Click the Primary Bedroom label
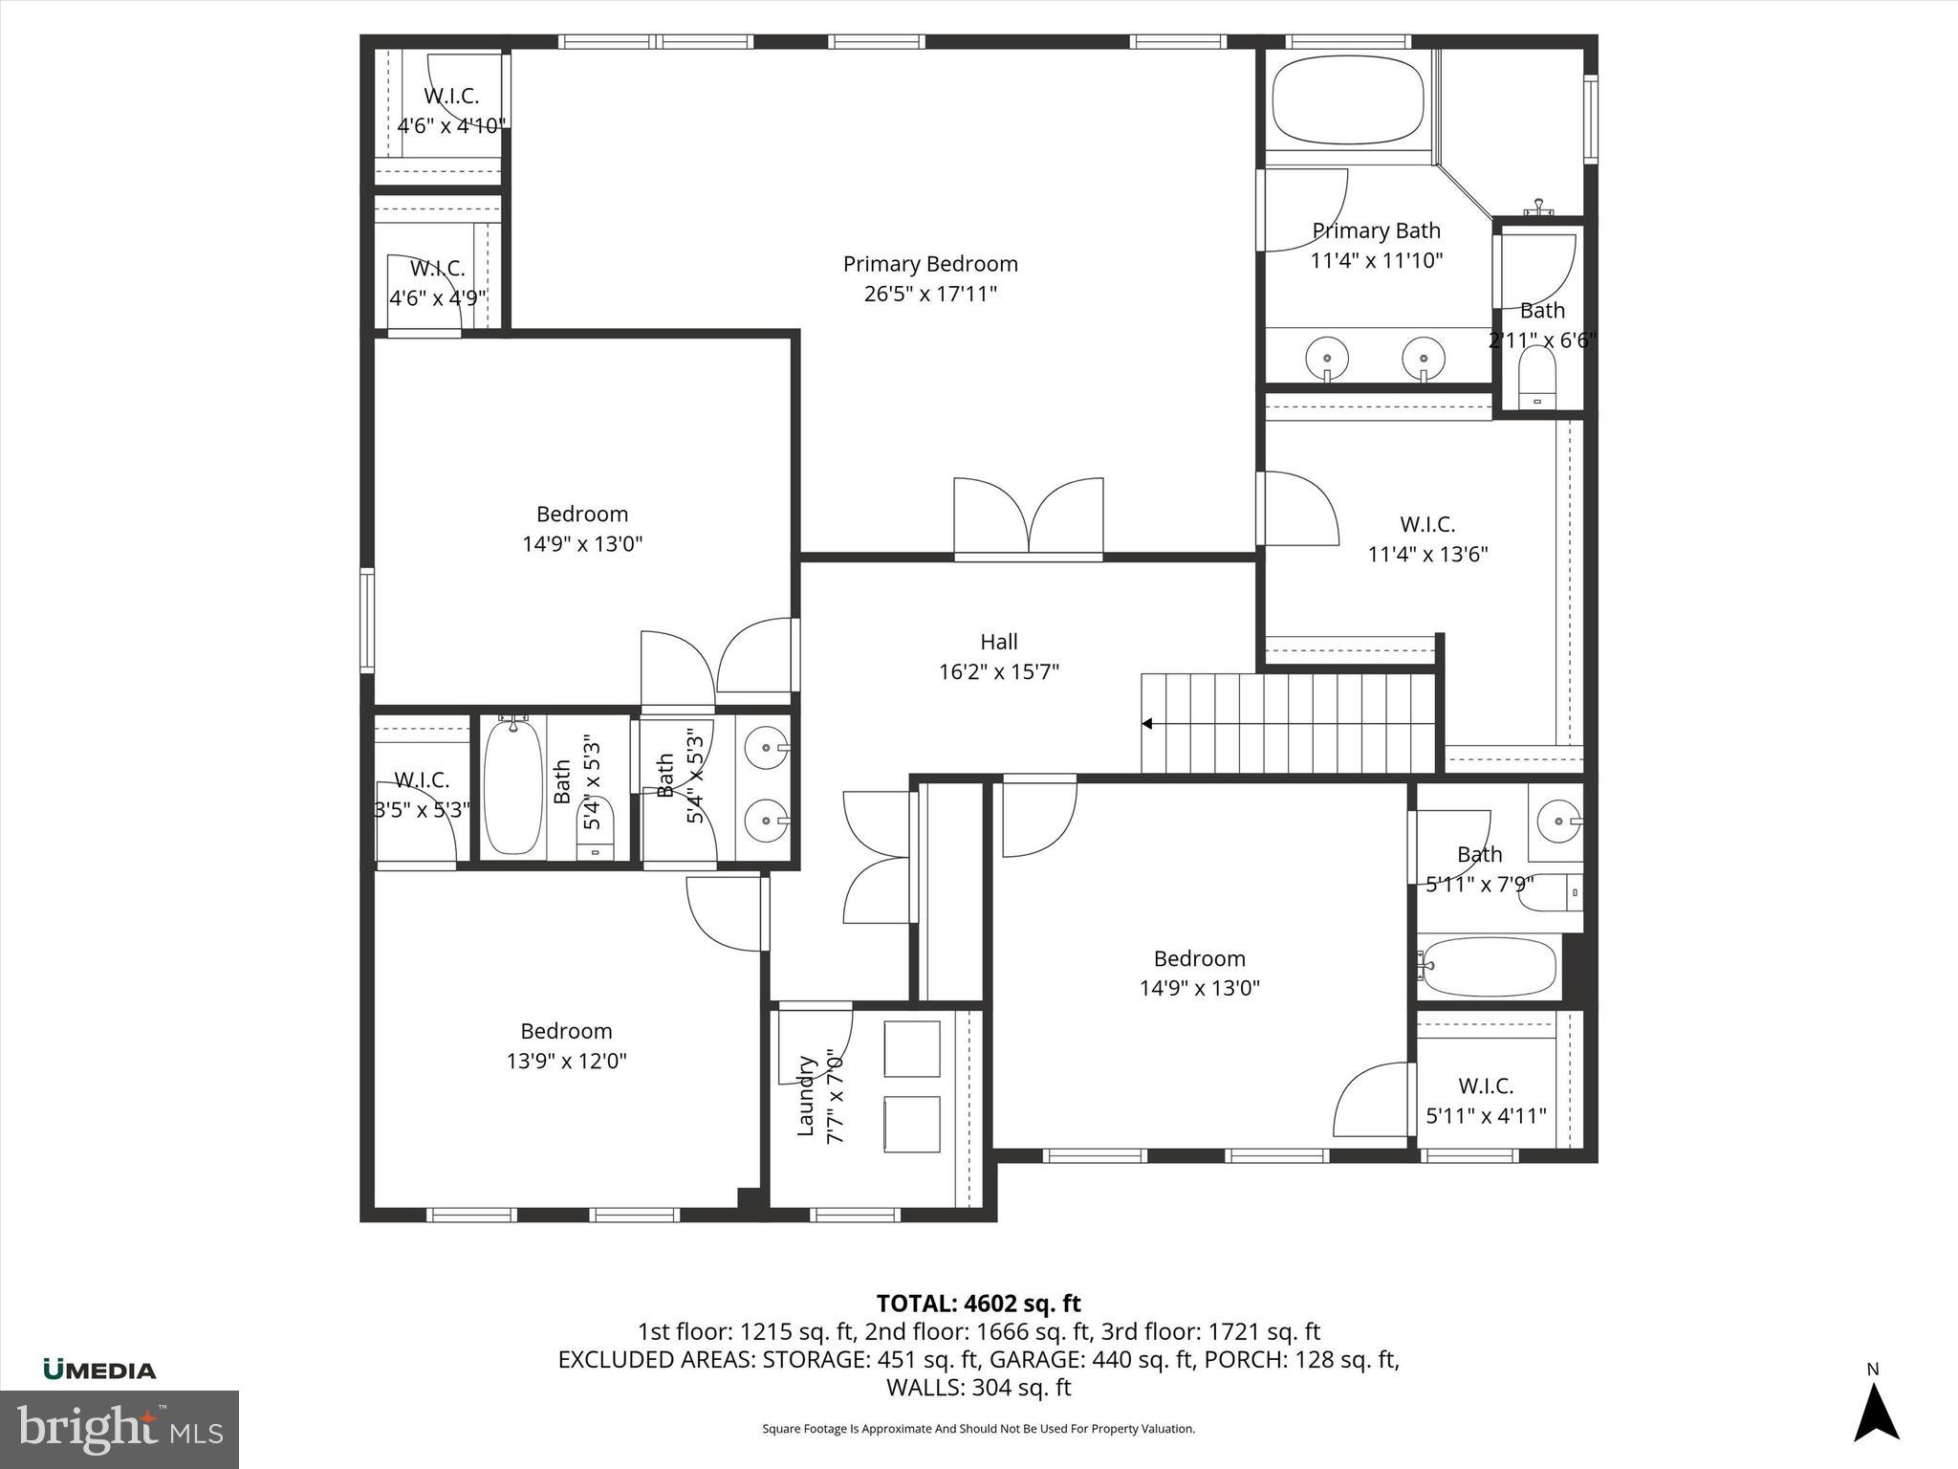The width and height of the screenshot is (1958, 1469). point(929,264)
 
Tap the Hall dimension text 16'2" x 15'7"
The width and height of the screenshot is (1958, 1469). point(998,672)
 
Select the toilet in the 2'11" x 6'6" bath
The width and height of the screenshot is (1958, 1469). point(1537,376)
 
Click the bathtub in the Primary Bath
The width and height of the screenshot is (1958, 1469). point(1349,100)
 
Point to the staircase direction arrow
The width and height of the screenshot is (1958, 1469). point(1147,724)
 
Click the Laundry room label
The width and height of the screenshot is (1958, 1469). point(806,1096)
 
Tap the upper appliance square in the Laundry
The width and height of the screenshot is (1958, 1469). point(912,1048)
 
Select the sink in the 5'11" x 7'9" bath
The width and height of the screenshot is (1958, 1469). point(1556,821)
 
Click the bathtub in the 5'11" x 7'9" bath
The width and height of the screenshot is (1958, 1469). point(1490,967)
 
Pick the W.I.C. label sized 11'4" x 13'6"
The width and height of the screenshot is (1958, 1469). point(1427,524)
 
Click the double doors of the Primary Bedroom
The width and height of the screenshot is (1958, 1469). point(1028,517)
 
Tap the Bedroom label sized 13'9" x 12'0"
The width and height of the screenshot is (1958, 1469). point(566,1031)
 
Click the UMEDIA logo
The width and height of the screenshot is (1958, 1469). point(99,1370)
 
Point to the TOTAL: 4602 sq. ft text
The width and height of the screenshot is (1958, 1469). point(978,1304)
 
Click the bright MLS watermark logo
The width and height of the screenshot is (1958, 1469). point(120,1429)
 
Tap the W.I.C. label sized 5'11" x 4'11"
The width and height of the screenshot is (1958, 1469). point(1486,1085)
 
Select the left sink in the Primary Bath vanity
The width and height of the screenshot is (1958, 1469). point(1327,357)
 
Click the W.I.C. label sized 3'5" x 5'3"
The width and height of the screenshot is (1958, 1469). point(421,780)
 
